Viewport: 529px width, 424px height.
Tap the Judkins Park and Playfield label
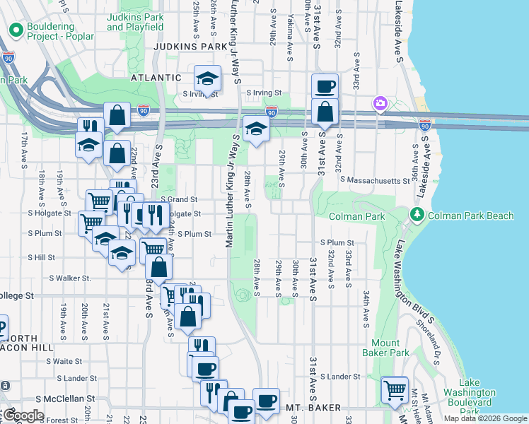point(135,22)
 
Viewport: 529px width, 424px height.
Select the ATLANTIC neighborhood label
point(156,78)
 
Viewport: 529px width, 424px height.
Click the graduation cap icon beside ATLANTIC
point(207,78)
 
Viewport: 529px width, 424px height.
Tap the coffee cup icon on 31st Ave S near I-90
point(325,86)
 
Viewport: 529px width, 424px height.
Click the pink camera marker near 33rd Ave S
point(380,105)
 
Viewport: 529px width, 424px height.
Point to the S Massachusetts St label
point(374,181)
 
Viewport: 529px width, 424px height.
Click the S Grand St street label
point(179,200)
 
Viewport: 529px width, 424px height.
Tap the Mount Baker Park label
point(390,347)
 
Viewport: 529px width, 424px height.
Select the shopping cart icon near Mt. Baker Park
point(395,389)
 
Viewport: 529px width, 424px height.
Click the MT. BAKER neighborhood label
point(314,408)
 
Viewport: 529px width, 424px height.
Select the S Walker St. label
point(69,278)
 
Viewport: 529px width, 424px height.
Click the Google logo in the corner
point(23,416)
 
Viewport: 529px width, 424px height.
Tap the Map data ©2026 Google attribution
point(484,418)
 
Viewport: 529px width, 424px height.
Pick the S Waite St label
point(64,361)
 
